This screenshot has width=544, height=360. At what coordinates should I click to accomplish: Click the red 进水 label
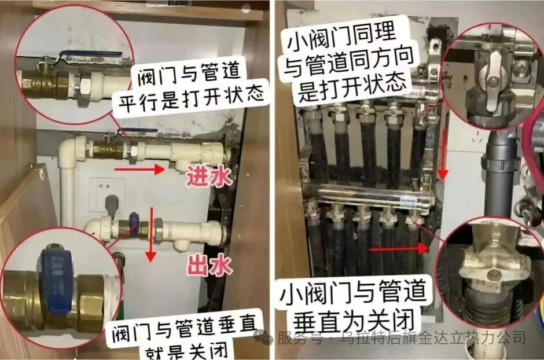209,177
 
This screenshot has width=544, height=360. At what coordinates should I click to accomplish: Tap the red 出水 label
209,265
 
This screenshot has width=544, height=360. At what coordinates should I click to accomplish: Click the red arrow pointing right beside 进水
139,170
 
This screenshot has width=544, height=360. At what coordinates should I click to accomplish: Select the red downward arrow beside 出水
150,233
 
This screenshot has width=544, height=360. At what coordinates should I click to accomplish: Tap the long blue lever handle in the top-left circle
91,53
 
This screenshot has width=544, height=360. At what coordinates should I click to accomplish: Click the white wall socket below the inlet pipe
106,194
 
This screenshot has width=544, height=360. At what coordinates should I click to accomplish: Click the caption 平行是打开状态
192,98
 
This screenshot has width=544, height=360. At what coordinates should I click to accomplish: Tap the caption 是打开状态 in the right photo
352,87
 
